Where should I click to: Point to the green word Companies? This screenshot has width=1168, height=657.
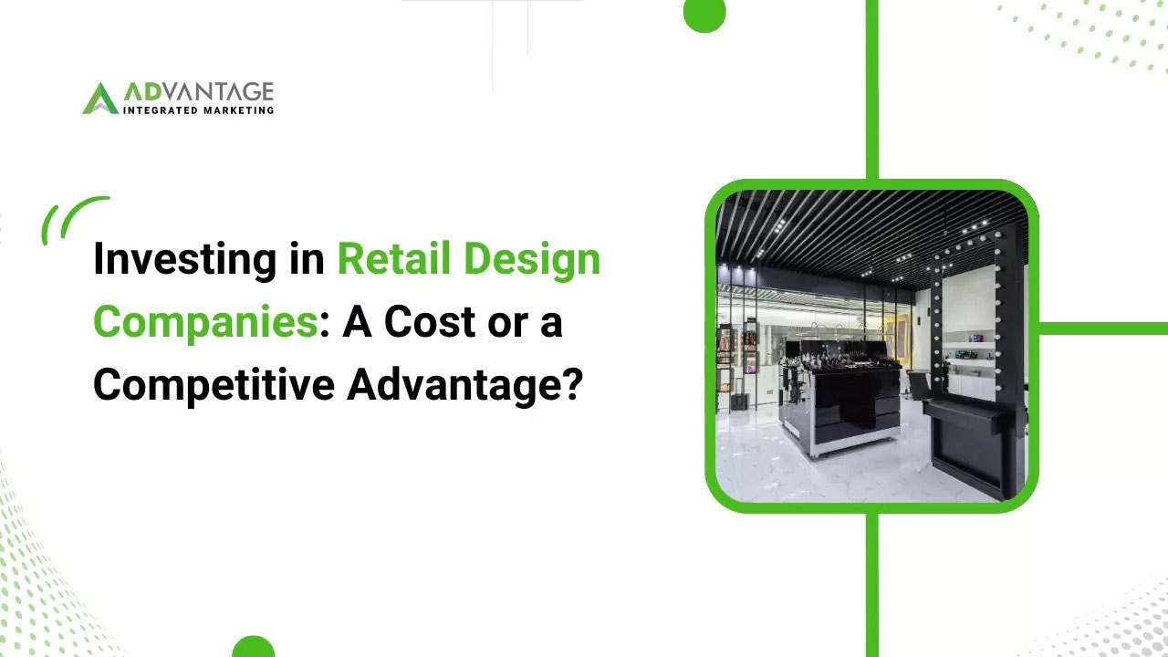coord(204,322)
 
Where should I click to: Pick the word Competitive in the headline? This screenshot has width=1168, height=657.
coord(213,384)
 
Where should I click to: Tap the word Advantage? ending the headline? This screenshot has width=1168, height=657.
coord(464,384)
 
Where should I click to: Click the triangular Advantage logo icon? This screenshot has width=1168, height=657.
coord(99,99)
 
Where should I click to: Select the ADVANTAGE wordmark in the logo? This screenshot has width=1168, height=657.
coord(198,92)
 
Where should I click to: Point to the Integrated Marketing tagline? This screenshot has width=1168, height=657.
coord(198,110)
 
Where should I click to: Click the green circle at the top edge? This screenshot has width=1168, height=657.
coord(704,13)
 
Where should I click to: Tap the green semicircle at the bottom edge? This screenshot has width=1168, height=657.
coord(253,647)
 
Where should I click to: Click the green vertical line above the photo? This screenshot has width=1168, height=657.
coord(871,87)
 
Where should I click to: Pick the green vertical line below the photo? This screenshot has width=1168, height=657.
coord(871,584)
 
